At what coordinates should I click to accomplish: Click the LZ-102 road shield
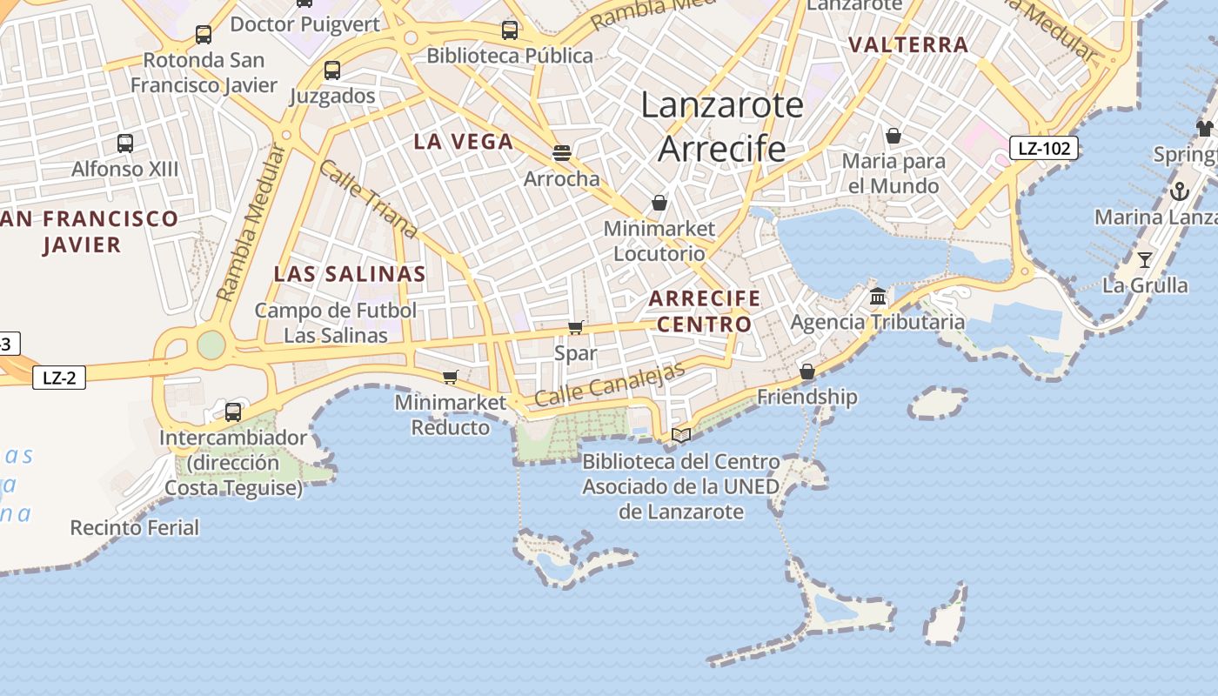1044,148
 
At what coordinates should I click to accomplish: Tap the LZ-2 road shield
59,378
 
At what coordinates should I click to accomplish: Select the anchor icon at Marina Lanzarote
1180,191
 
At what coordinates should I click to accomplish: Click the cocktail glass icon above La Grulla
1144,259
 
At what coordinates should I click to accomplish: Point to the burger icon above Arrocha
562,153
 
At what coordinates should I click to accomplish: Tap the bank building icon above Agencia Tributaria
878,297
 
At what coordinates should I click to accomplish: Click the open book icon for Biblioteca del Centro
681,435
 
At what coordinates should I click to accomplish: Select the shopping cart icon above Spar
575,328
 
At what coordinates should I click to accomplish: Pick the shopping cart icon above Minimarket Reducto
450,377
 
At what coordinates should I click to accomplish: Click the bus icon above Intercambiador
233,412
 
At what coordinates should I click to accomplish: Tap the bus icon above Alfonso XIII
125,143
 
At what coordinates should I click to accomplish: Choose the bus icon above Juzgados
331,70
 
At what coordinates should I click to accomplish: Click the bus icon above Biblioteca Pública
510,30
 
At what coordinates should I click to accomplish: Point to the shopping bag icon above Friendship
807,372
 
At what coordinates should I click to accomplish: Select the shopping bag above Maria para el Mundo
893,136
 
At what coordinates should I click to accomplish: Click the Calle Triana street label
368,199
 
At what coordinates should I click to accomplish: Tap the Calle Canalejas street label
610,383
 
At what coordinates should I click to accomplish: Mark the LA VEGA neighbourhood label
463,141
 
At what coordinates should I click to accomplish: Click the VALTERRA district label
908,44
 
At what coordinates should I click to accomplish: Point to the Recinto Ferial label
135,527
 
